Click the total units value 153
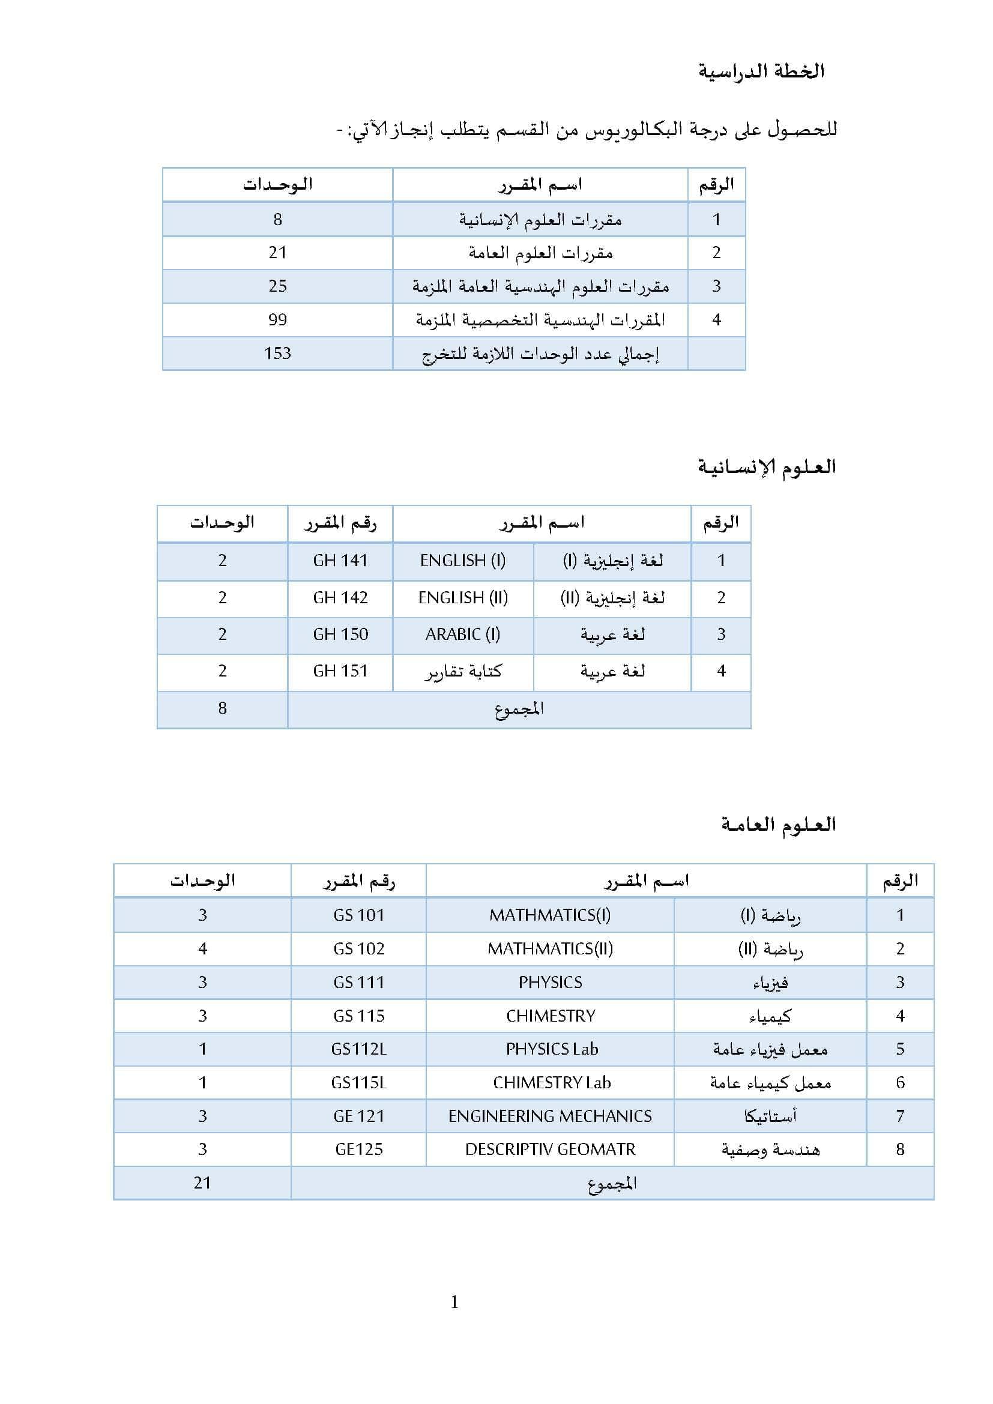click(x=277, y=354)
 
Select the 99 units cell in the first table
click(x=277, y=320)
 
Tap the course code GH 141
click(x=340, y=560)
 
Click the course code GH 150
click(x=340, y=634)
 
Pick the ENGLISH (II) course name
click(x=463, y=597)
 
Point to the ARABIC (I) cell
click(x=463, y=634)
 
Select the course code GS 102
click(x=359, y=948)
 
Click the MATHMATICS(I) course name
click(x=550, y=915)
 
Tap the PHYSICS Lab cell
click(x=552, y=1049)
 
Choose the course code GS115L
click(x=359, y=1082)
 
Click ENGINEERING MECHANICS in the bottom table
click(x=550, y=1116)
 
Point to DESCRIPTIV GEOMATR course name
click(x=550, y=1149)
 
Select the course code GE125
click(x=359, y=1149)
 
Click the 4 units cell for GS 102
click(x=202, y=948)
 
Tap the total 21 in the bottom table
click(x=202, y=1183)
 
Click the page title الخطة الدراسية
click(x=761, y=71)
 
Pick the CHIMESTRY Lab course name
click(x=552, y=1082)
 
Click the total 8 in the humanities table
click(x=222, y=708)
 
